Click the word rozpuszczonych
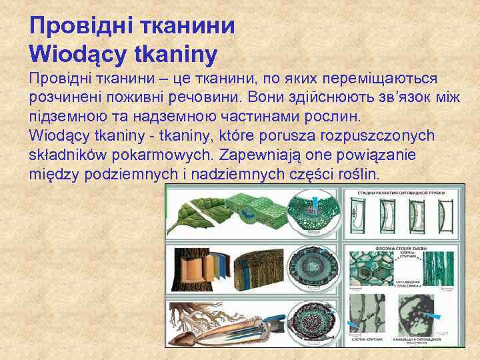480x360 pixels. pos(377,136)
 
